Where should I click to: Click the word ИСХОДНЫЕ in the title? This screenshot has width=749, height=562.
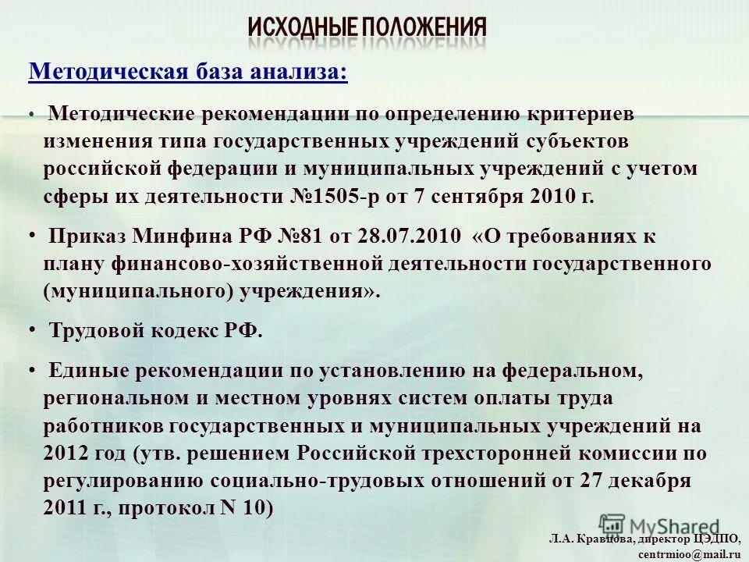pyautogui.click(x=302, y=28)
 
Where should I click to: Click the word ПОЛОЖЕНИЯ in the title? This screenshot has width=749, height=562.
pyautogui.click(x=424, y=28)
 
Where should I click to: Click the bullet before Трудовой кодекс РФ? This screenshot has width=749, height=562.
pyautogui.click(x=31, y=329)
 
